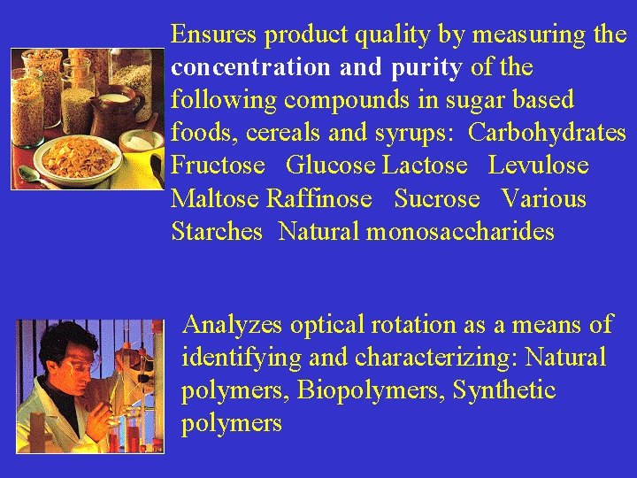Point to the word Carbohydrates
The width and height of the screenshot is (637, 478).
point(547,133)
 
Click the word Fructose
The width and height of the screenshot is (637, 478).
point(218,166)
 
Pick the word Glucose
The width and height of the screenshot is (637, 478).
point(332,166)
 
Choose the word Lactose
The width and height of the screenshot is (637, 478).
point(425,166)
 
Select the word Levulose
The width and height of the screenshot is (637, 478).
point(538,166)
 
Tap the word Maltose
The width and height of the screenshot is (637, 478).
point(215,198)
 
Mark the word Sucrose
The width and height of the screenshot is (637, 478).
point(437,198)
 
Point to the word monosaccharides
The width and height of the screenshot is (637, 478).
point(460,232)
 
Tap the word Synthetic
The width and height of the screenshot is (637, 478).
point(504,390)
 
